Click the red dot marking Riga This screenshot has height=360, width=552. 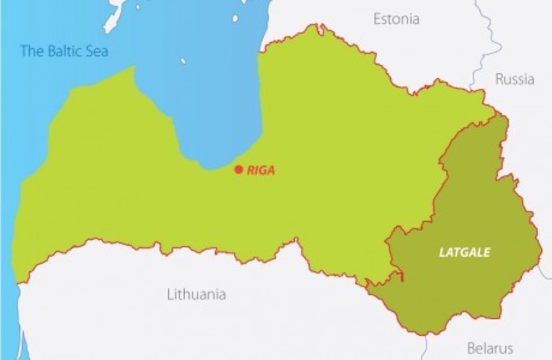[x=238, y=169]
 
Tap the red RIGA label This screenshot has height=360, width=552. [x=261, y=170]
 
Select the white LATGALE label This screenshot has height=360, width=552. [x=464, y=252]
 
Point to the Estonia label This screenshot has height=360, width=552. [x=396, y=19]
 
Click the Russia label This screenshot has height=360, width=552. [x=514, y=79]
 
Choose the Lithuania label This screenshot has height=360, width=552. [x=196, y=294]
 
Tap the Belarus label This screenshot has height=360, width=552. [x=490, y=348]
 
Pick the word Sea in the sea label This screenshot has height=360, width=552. [x=97, y=51]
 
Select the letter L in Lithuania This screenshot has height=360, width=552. [x=170, y=294]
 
